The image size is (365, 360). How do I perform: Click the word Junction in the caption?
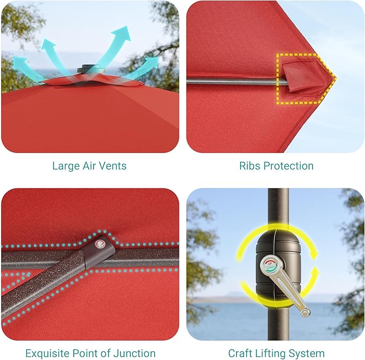134,353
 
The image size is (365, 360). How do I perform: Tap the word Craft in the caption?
240,353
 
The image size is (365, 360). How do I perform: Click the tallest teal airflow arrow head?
121,33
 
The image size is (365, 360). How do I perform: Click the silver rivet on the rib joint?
100,244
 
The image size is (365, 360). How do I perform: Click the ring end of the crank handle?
305,312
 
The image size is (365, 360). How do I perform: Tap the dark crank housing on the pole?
278,267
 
